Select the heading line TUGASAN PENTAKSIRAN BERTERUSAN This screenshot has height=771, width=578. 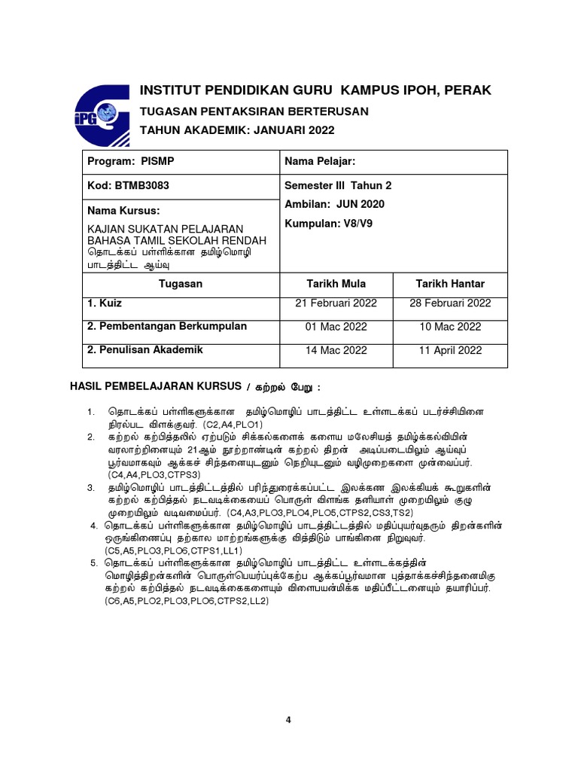tap(254, 111)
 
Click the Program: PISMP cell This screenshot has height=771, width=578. tap(131, 162)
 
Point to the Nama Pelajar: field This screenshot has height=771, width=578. tap(319, 162)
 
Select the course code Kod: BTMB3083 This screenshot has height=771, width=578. tap(127, 185)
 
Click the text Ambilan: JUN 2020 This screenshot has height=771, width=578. tap(334, 205)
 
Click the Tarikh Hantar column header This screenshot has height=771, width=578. tap(450, 284)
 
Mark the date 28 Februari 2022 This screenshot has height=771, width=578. tap(450, 303)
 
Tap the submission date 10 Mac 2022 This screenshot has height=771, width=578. tap(450, 327)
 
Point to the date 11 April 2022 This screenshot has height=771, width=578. tap(450, 350)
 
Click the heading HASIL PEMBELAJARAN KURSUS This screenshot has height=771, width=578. tap(156, 386)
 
